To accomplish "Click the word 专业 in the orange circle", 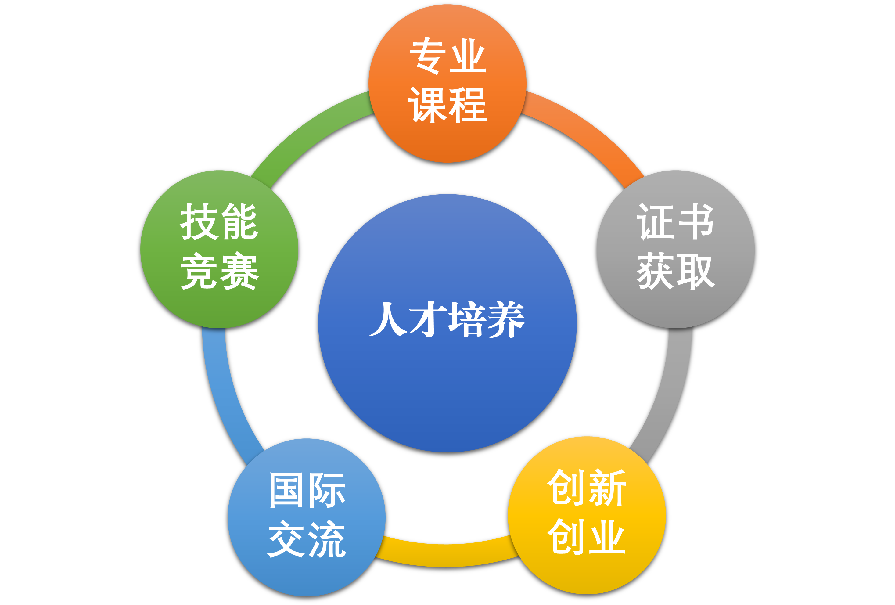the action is (x=447, y=56).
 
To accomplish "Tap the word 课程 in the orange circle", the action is (x=447, y=104).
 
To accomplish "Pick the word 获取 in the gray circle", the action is (x=675, y=271).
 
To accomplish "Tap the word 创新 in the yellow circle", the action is (x=587, y=487).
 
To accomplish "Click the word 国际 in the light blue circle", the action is (x=307, y=490).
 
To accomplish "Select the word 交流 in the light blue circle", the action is (x=307, y=539).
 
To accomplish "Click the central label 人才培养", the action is (x=447, y=319).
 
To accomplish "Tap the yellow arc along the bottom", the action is (x=447, y=555).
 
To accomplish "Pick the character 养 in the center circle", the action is (x=506, y=319).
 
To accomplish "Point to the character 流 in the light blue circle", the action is (x=327, y=539).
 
